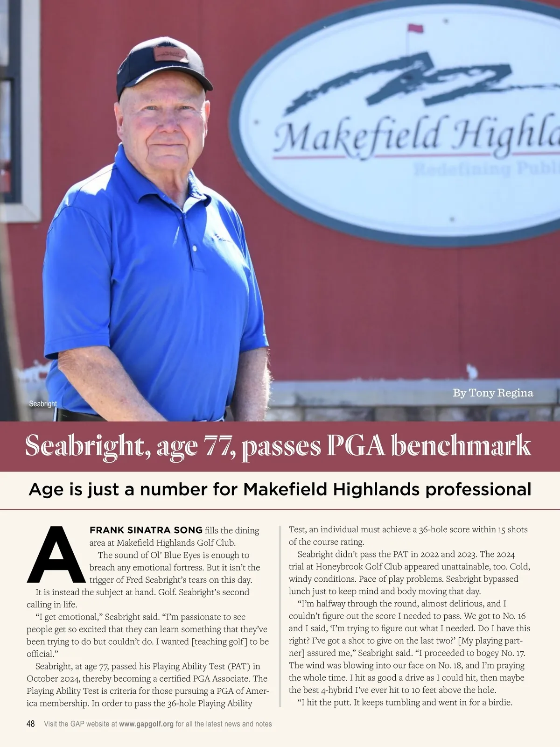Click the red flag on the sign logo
pyautogui.click(x=415, y=28)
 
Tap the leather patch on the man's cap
pyautogui.click(x=171, y=54)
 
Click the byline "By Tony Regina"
pyautogui.click(x=493, y=393)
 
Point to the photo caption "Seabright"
pyautogui.click(x=43, y=404)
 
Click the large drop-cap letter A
pyautogui.click(x=56, y=556)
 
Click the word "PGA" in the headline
pyautogui.click(x=356, y=446)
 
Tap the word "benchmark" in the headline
pyautogui.click(x=461, y=446)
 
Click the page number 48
pyautogui.click(x=31, y=724)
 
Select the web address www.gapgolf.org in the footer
pyautogui.click(x=146, y=724)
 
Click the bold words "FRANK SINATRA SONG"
pyautogui.click(x=146, y=530)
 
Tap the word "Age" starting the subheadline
pyautogui.click(x=46, y=489)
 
